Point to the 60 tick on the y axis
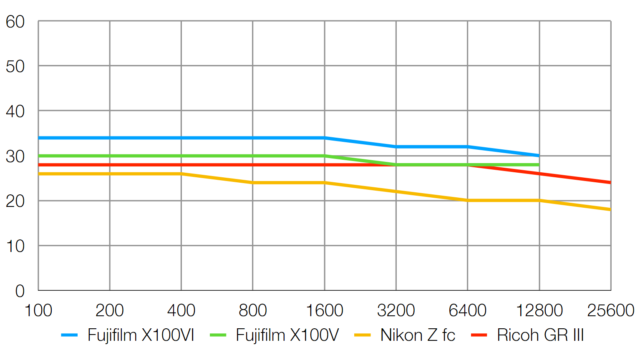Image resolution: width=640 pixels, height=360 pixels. coord(15,22)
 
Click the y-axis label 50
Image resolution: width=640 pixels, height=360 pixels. coord(15,66)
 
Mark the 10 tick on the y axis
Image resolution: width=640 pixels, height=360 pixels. coord(15,246)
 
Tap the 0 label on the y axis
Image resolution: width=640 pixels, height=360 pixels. coord(20,291)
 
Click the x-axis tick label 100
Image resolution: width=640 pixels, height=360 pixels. coord(38,310)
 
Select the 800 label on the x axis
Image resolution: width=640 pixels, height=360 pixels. coord(253,310)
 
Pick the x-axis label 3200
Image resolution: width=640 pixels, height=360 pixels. coord(396,310)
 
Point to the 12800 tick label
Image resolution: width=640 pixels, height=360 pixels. coord(539,310)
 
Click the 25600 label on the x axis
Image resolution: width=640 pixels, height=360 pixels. coord(611,310)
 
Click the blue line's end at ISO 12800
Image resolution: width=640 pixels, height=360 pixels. coord(539,156)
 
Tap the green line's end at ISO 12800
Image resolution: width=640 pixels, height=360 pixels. coord(539,165)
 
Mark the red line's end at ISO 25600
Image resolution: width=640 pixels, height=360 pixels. coord(610,183)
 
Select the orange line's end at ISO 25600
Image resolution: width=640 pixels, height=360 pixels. coord(610,209)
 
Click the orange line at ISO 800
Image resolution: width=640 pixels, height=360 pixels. coord(253,183)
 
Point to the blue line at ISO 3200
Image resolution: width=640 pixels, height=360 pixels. coord(396,147)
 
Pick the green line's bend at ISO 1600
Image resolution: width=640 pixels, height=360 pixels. coord(325,156)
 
